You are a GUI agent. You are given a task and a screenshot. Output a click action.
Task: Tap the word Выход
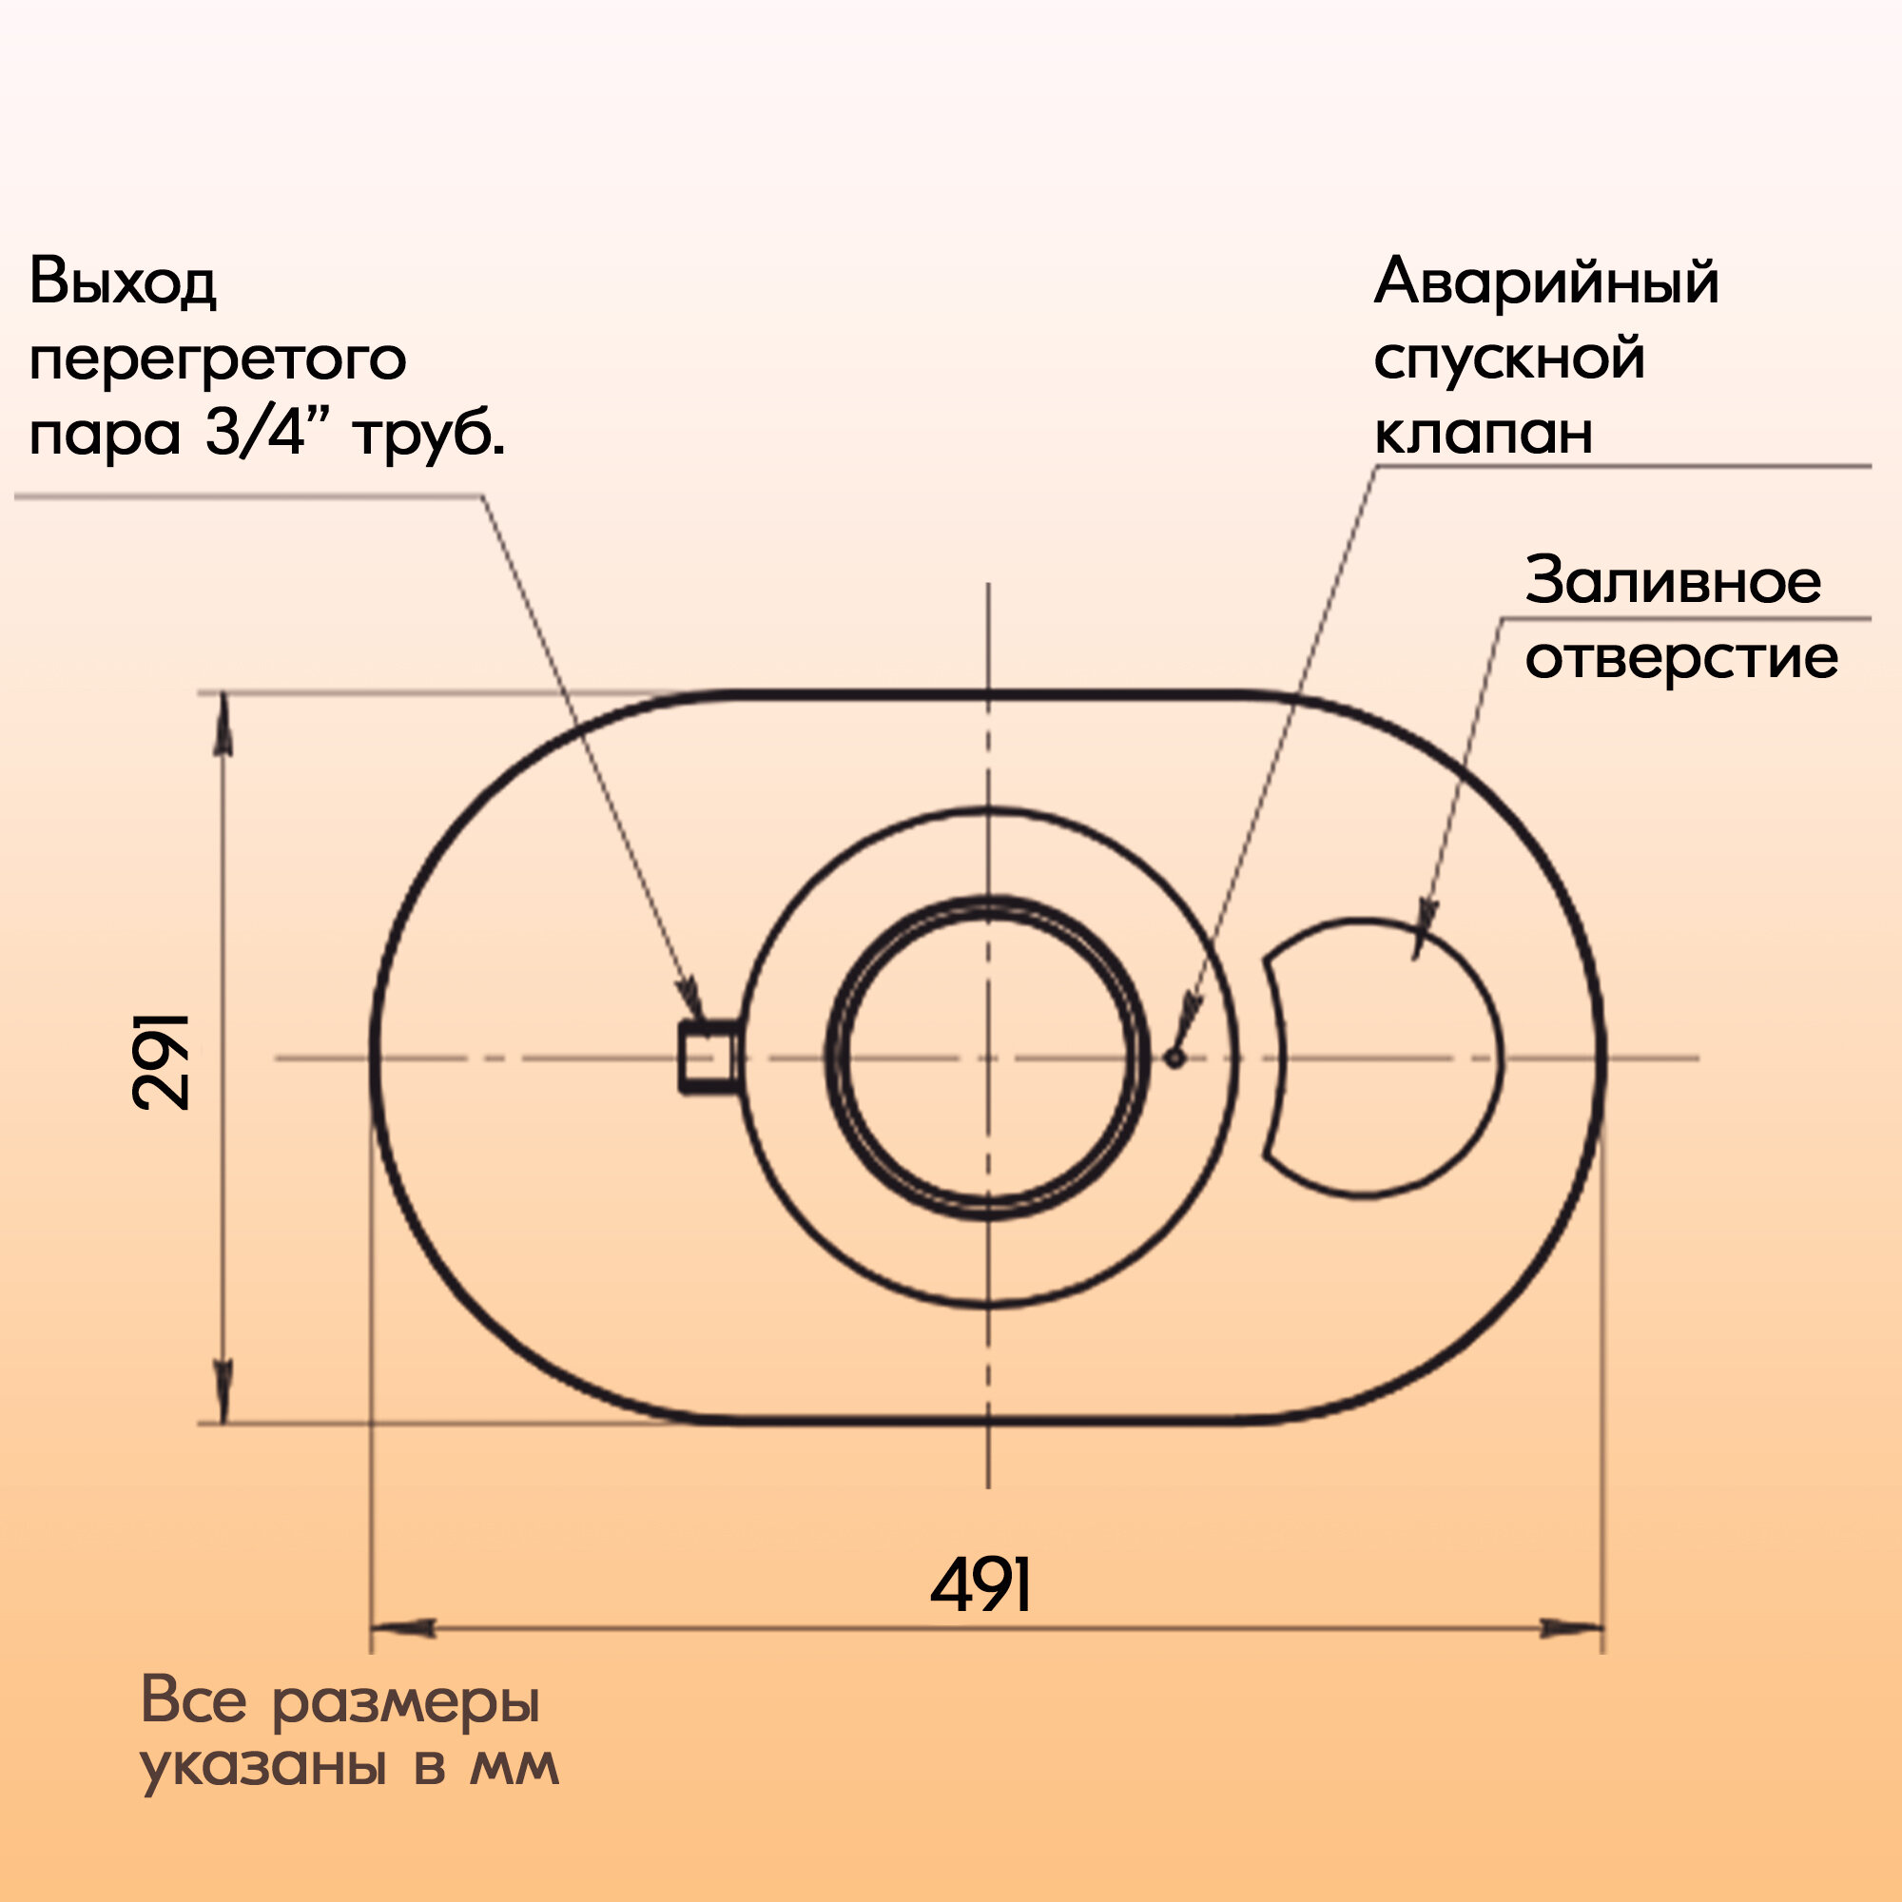(122, 282)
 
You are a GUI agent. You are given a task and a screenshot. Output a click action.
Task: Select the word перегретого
(218, 361)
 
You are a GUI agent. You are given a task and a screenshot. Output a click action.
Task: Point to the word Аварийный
(1545, 282)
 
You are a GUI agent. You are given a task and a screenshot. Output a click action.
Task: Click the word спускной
(1509, 359)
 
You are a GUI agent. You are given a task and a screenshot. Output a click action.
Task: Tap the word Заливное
(1673, 582)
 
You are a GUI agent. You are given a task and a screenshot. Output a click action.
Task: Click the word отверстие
(1681, 658)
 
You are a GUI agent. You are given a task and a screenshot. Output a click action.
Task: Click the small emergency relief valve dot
(1174, 1058)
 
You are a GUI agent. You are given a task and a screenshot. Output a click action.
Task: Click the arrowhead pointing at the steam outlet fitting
(693, 1002)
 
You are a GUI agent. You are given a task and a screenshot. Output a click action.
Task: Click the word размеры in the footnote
(406, 1702)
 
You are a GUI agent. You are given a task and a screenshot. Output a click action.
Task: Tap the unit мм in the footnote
(514, 1768)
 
